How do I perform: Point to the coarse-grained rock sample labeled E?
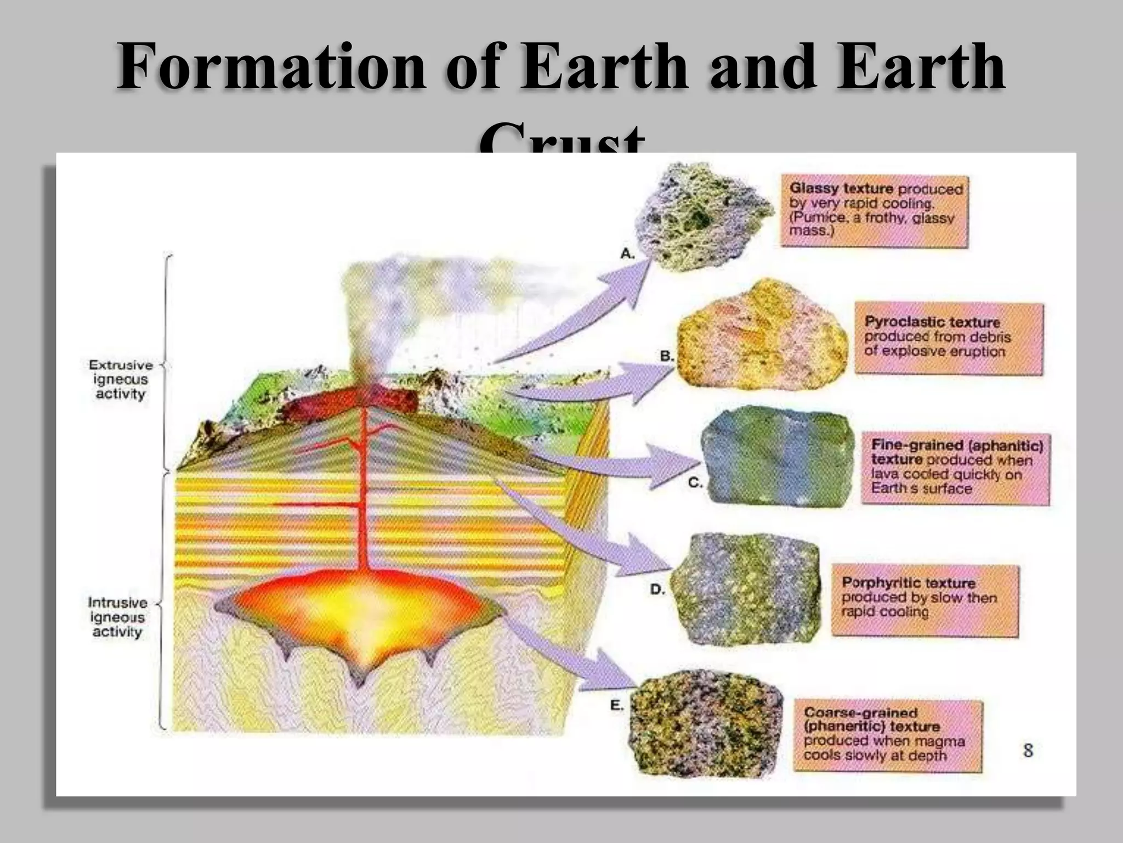[x=707, y=727]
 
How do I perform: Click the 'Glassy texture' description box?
[x=874, y=211]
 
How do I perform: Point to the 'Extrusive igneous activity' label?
[x=121, y=379]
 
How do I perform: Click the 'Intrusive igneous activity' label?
[x=117, y=617]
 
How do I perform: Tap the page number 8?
[x=1028, y=750]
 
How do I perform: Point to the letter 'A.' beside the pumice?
[x=627, y=254]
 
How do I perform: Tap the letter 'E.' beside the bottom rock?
[x=617, y=705]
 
